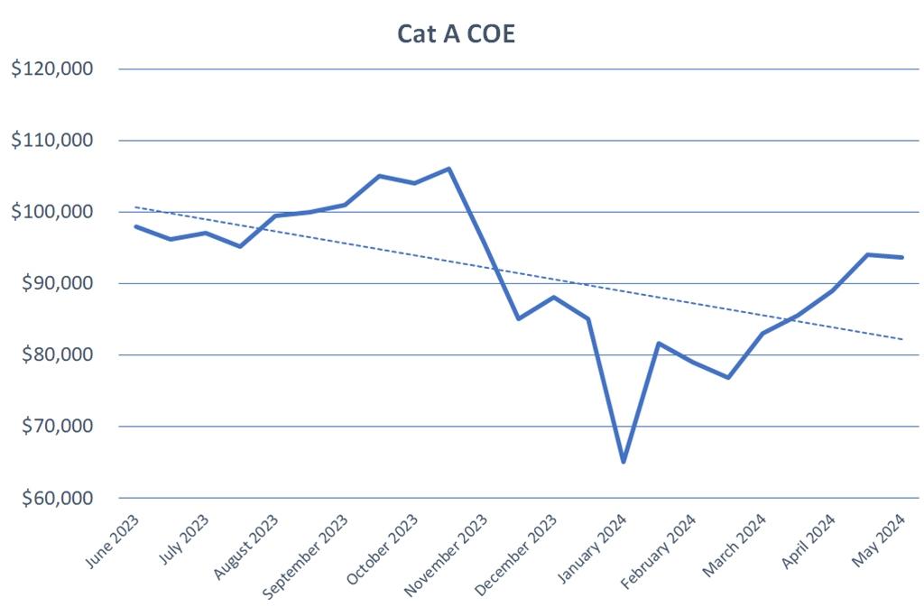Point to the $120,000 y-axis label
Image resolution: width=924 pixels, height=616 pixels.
click(52, 69)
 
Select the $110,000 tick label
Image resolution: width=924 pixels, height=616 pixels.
click(52, 141)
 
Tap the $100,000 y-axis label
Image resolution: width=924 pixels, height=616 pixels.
click(52, 212)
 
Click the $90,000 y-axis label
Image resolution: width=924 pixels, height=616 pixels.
click(56, 283)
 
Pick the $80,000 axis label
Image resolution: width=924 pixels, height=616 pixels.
click(56, 354)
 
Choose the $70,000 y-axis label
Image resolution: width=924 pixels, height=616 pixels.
click(56, 427)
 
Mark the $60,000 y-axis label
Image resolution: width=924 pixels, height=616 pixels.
click(56, 498)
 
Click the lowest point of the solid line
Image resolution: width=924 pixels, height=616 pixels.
click(623, 462)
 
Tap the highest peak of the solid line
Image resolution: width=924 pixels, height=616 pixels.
click(448, 169)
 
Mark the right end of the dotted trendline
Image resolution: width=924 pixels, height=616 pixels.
click(902, 339)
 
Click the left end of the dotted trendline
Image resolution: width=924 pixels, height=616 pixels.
click(135, 207)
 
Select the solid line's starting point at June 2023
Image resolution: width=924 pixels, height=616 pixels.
click(135, 226)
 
